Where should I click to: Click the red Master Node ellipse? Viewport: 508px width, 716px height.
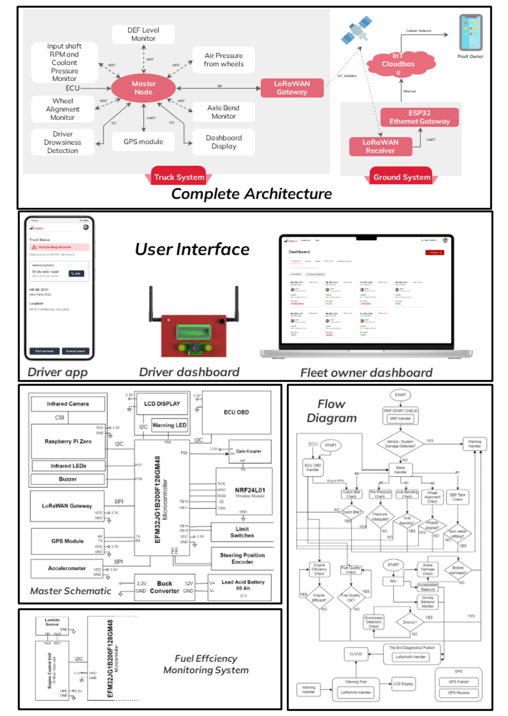[x=143, y=88]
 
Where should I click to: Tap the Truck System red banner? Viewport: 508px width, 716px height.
[x=179, y=177]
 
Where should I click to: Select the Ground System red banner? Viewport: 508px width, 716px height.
[x=402, y=177]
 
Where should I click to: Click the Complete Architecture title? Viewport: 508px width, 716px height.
[x=251, y=194]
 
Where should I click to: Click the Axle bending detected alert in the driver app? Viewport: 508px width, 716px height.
[x=59, y=247]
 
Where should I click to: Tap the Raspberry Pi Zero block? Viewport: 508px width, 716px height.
[x=68, y=440]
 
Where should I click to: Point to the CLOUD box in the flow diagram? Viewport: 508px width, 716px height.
[x=356, y=653]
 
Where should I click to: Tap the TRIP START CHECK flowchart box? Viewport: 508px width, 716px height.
[x=400, y=411]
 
